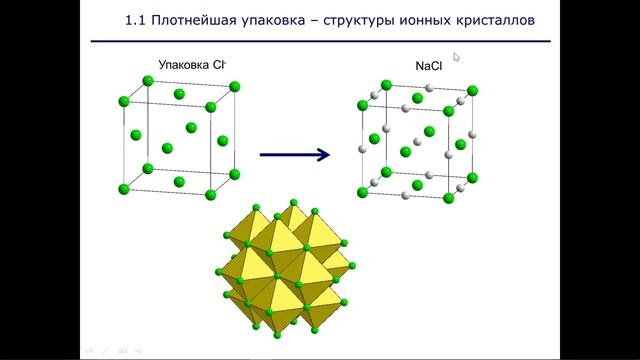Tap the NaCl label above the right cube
point(430,67)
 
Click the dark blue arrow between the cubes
point(295,154)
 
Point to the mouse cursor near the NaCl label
point(457,57)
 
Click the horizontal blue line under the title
point(320,42)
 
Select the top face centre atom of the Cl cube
point(179,94)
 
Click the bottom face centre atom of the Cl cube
point(179,181)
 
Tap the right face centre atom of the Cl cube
point(222,141)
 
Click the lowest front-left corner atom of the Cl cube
point(124,189)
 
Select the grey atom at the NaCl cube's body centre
point(417,139)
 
